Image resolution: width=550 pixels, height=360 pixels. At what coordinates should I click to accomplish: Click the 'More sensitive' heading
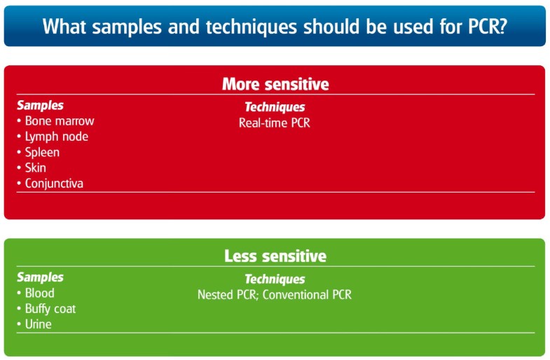(x=275, y=84)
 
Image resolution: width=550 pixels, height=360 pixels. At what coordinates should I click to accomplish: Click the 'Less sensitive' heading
(x=275, y=256)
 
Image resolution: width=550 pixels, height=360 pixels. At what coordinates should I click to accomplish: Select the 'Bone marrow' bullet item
(x=56, y=121)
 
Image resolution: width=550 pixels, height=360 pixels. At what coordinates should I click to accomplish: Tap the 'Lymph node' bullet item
(x=53, y=137)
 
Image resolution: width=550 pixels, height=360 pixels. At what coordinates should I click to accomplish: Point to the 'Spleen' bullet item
(x=39, y=153)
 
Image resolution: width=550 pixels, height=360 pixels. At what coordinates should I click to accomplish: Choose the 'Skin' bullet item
(x=32, y=167)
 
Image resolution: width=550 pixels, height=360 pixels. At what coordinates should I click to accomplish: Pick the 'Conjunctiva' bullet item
(x=50, y=184)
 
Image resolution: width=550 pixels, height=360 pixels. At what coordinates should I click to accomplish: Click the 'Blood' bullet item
(x=36, y=293)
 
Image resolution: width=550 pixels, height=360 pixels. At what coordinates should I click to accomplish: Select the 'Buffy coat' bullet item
(x=46, y=309)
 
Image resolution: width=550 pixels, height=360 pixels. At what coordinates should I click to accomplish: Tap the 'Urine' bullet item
(x=34, y=324)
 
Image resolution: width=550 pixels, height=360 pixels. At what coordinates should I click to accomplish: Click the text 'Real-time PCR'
(x=275, y=123)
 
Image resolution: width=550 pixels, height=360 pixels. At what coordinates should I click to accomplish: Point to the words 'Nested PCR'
(x=228, y=295)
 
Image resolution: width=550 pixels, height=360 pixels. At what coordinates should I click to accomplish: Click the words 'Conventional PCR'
(x=307, y=295)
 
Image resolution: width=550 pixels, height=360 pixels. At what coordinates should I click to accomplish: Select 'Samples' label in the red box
(x=41, y=105)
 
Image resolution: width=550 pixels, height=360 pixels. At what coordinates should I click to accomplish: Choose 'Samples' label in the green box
(x=41, y=277)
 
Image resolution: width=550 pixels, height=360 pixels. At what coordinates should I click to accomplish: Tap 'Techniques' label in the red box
(x=275, y=107)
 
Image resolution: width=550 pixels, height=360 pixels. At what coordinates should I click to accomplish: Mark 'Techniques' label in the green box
(x=275, y=279)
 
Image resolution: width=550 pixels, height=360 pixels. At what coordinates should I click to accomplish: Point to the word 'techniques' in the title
(x=251, y=27)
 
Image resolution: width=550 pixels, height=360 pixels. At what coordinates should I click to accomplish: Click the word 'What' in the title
(x=64, y=27)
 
